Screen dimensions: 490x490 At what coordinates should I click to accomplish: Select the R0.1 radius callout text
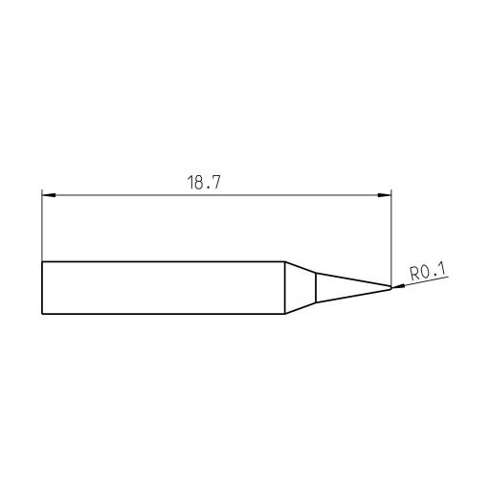click(x=428, y=273)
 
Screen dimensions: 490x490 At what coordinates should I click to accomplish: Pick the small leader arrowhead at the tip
click(x=396, y=286)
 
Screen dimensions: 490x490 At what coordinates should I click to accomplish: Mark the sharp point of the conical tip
click(x=391, y=286)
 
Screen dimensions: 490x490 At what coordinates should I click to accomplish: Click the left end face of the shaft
click(x=43, y=288)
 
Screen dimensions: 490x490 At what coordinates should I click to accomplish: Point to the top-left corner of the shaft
click(x=43, y=262)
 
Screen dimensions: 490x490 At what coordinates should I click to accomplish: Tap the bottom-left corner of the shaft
click(x=43, y=314)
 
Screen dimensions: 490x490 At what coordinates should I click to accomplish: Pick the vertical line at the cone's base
click(x=317, y=288)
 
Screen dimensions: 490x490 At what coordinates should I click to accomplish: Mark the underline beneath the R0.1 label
click(x=428, y=281)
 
